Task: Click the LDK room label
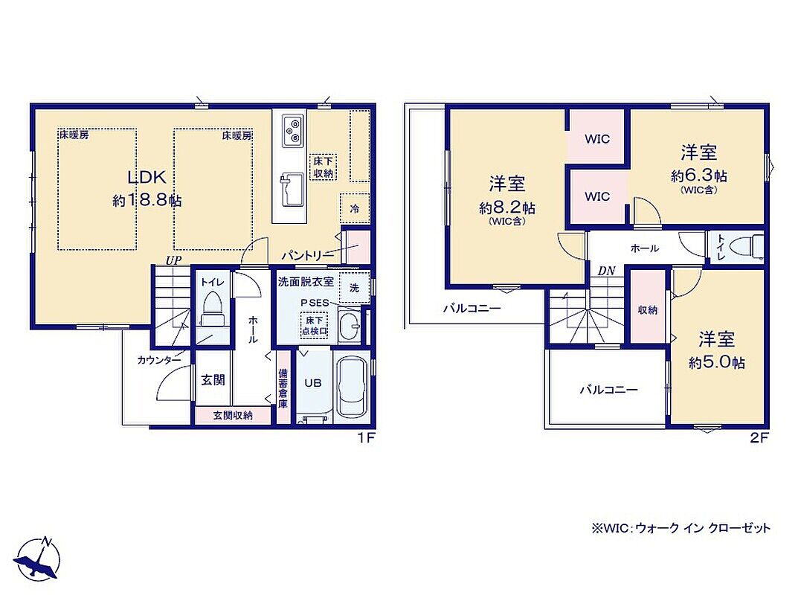pyautogui.click(x=147, y=177)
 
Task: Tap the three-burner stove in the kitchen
pyautogui.click(x=293, y=129)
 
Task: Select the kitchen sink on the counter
pyautogui.click(x=293, y=189)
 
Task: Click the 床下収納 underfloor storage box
pyautogui.click(x=323, y=167)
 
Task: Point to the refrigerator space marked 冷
pyautogui.click(x=355, y=208)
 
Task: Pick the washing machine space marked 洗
pyautogui.click(x=354, y=288)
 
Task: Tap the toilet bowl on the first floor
pyautogui.click(x=212, y=307)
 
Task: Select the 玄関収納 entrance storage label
pyautogui.click(x=233, y=415)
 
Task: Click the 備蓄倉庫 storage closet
pyautogui.click(x=283, y=387)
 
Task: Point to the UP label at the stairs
pyautogui.click(x=173, y=260)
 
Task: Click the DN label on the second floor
pyautogui.click(x=606, y=271)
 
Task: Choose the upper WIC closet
pyautogui.click(x=597, y=137)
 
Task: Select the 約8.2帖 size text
pyautogui.click(x=506, y=208)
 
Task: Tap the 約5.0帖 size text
pyautogui.click(x=716, y=363)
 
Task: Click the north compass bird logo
pyautogui.click(x=37, y=559)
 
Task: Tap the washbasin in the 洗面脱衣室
pyautogui.click(x=350, y=326)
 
